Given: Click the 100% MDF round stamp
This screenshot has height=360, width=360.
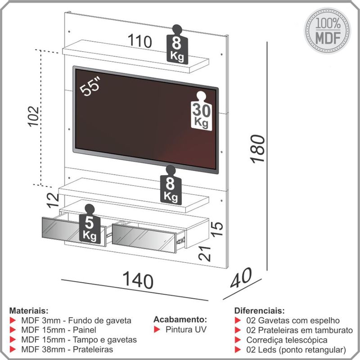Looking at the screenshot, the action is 328,31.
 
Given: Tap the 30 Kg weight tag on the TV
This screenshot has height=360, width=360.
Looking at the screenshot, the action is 201,111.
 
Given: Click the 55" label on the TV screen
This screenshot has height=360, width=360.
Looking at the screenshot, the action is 90,87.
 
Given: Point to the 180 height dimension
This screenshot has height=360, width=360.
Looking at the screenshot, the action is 258,149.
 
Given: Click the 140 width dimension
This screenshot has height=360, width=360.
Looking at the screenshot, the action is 138,280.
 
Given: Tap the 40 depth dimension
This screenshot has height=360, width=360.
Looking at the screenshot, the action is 241,278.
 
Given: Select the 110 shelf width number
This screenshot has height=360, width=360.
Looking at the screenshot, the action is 140,41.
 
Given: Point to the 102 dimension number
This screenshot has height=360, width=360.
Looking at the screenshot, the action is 34,116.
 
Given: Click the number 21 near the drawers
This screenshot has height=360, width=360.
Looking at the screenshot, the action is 205,253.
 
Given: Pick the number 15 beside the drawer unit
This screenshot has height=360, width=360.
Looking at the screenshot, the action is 217,229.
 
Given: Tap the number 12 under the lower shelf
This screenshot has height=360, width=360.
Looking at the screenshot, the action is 53,200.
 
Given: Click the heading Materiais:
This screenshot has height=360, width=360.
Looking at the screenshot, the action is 29,311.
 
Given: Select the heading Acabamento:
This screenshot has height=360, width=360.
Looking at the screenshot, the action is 180,319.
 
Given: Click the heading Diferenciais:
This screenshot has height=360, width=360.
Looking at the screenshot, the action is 260,310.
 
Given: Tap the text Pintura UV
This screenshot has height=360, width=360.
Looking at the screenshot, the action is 186,329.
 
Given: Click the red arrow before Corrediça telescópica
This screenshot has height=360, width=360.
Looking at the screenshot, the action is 238,340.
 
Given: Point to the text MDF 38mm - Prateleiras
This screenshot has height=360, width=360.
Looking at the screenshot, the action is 67,350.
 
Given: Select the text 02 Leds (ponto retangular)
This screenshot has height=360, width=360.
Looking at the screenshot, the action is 296,350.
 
